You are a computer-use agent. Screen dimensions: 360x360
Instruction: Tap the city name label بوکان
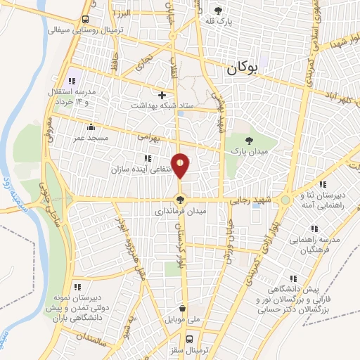click(243, 70)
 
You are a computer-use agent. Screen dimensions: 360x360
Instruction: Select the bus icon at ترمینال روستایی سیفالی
click(84, 19)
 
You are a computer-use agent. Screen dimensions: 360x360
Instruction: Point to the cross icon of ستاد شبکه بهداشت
click(162, 94)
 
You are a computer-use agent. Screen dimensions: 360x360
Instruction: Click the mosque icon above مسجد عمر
click(90, 127)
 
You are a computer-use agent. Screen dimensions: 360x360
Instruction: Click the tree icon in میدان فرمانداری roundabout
click(181, 200)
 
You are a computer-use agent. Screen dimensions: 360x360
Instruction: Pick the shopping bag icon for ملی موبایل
click(183, 309)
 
